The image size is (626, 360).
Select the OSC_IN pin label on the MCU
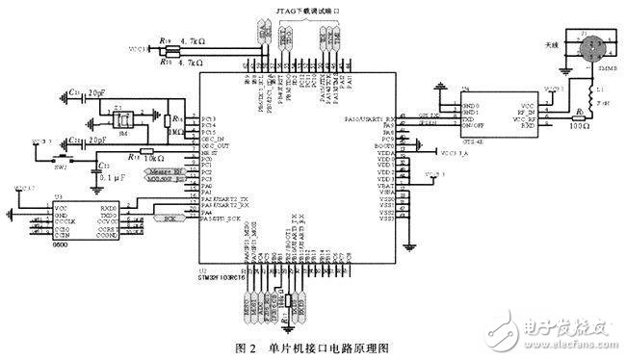215,139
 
